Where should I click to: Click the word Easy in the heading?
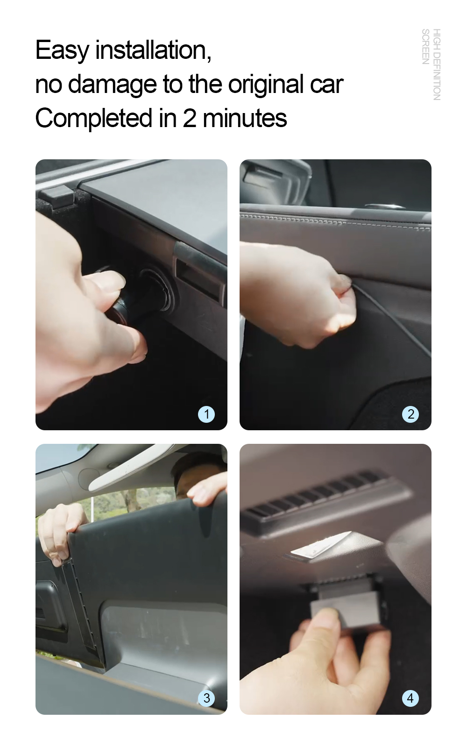[62, 50]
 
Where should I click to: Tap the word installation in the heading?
[153, 50]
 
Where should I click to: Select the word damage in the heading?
[113, 85]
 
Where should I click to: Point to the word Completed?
[94, 119]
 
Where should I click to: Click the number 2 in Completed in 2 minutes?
[189, 118]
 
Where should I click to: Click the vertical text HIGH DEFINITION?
[437, 64]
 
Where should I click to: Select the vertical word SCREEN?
[425, 47]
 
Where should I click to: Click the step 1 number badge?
[206, 414]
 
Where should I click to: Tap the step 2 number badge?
[410, 414]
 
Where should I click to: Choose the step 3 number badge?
[206, 698]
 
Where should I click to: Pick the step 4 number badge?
[410, 698]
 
